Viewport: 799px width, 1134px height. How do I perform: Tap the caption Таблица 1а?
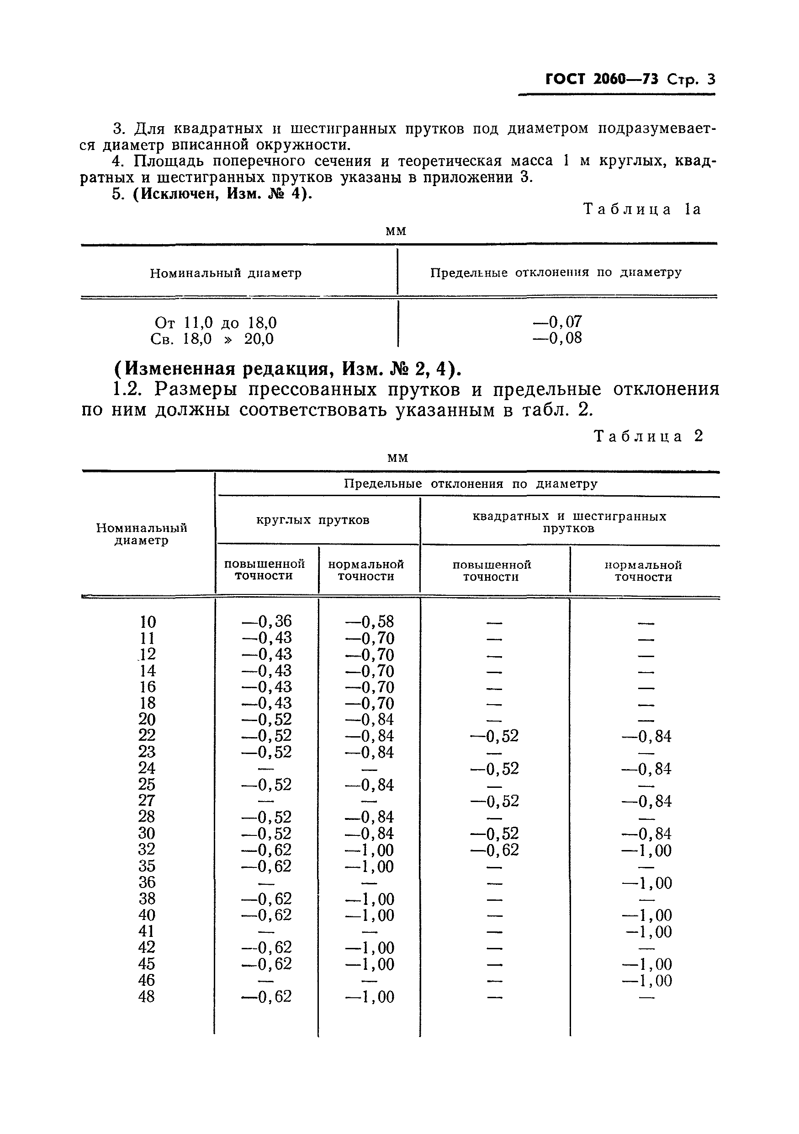pos(641,209)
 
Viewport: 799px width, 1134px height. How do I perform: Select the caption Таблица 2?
pos(648,436)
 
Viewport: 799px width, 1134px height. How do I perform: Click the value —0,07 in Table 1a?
pos(557,322)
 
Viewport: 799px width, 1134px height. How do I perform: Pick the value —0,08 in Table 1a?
pos(557,338)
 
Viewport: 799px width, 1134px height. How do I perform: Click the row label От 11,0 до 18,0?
pos(216,323)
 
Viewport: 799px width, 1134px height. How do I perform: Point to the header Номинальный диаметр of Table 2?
pos(142,534)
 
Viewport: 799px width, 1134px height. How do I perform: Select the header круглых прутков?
pos(312,520)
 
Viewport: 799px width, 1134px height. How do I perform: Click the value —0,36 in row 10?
pos(266,621)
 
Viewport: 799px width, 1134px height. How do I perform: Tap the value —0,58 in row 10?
pos(369,621)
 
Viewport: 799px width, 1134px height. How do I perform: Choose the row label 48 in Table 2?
pos(147,997)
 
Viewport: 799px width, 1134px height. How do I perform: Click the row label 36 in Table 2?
pos(147,883)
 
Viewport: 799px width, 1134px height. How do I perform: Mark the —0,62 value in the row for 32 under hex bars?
pos(494,850)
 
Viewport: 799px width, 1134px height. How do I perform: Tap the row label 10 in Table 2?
pos(148,622)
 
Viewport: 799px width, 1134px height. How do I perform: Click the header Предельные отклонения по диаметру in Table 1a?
pos(556,273)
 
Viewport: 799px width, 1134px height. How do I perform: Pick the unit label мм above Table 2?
pos(398,458)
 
